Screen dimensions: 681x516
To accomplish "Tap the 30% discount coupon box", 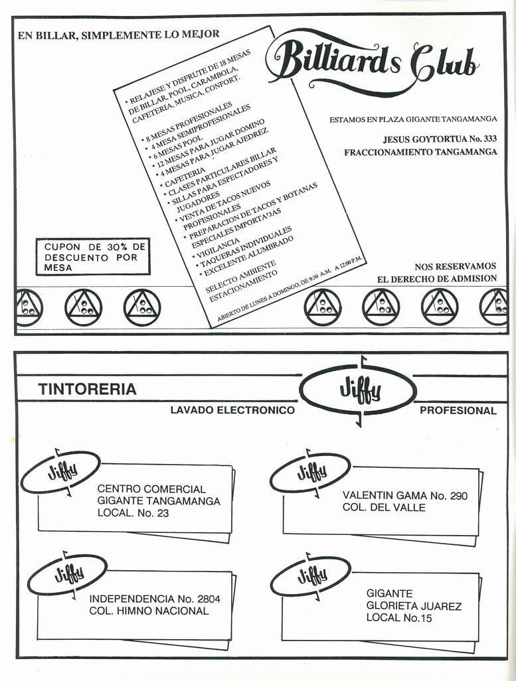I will click(93, 257).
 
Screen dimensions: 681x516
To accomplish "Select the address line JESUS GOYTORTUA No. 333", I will click(440, 139).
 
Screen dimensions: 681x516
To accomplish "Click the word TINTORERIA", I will click(87, 390).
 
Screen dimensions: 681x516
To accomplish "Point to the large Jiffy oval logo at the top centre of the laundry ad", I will click(358, 391).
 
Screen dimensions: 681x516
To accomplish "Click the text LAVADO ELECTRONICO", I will click(232, 410).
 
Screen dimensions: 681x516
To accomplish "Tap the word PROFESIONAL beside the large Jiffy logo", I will click(458, 410).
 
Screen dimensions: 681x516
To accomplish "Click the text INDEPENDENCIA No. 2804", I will click(155, 599).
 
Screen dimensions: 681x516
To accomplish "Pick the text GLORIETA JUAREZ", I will click(414, 606).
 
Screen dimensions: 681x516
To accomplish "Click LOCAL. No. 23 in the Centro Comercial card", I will click(133, 513).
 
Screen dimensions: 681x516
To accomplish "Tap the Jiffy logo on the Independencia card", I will click(67, 573).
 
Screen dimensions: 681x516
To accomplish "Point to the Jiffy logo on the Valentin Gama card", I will click(310, 473).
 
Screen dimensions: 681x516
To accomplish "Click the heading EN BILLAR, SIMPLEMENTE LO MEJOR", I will click(119, 35).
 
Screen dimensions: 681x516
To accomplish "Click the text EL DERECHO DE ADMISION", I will click(436, 279).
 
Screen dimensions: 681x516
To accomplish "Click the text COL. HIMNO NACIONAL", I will click(148, 611).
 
